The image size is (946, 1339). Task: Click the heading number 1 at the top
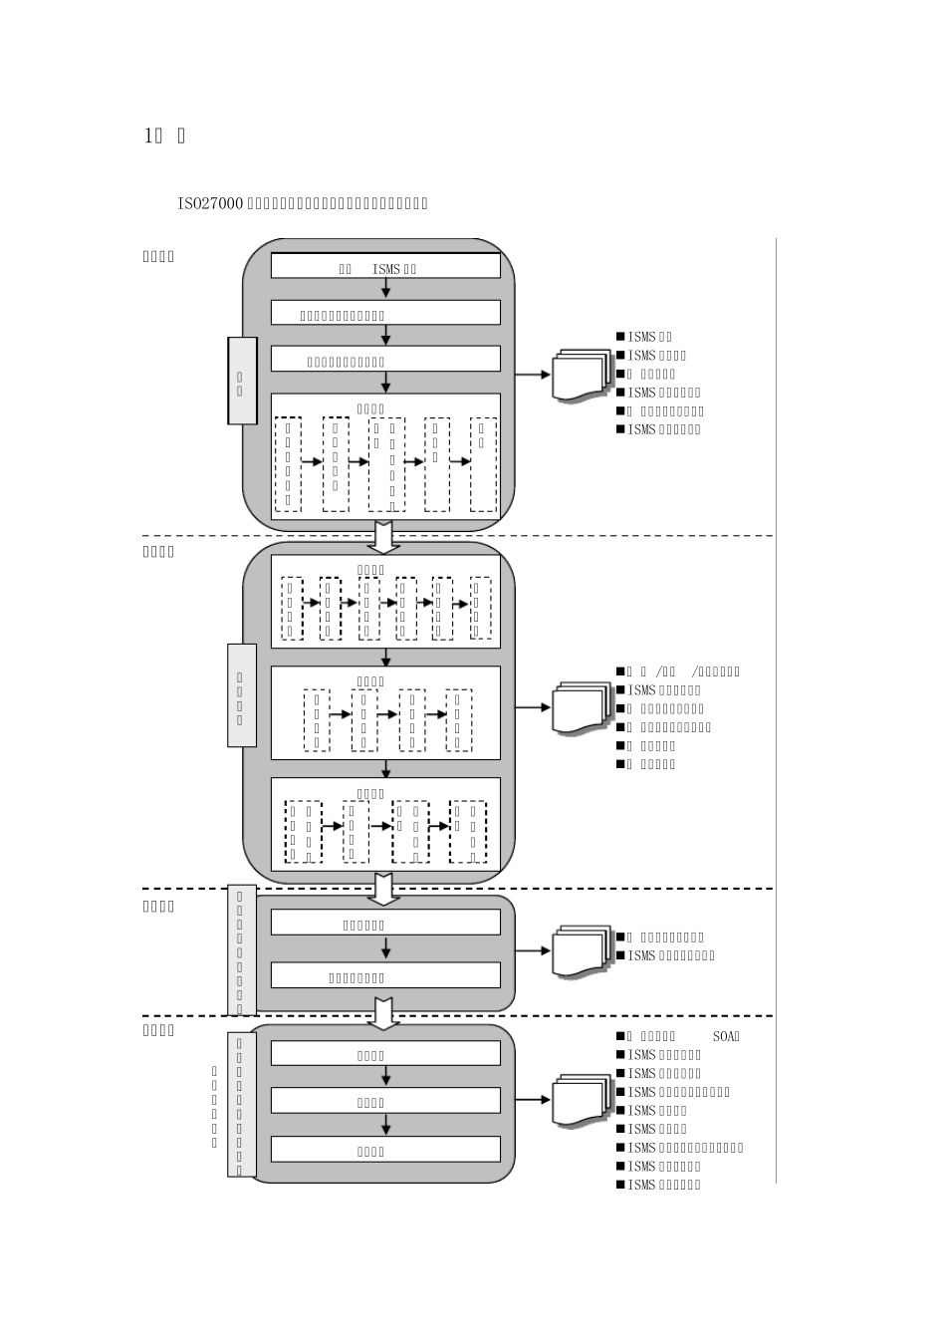[x=148, y=135]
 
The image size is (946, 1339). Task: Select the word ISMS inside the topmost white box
[x=386, y=268]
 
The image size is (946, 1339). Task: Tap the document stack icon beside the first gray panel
[x=583, y=375]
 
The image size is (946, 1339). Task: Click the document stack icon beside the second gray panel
[x=583, y=707]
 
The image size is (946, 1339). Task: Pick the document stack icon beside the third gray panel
[x=583, y=950]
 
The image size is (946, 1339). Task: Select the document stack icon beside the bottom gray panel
[x=583, y=1100]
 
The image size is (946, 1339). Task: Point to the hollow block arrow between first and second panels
[x=384, y=535]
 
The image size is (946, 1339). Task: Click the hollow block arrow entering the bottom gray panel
[x=384, y=1013]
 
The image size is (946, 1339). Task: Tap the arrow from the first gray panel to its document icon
[x=533, y=375]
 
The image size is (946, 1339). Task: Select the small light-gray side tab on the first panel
[x=242, y=381]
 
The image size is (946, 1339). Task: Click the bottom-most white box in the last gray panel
[x=385, y=1149]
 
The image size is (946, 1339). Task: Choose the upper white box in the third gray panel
[x=385, y=923]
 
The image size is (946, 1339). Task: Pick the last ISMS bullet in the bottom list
[x=663, y=1185]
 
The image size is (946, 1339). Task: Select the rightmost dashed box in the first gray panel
[x=483, y=464]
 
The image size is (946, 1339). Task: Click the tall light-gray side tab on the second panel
[x=242, y=694]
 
